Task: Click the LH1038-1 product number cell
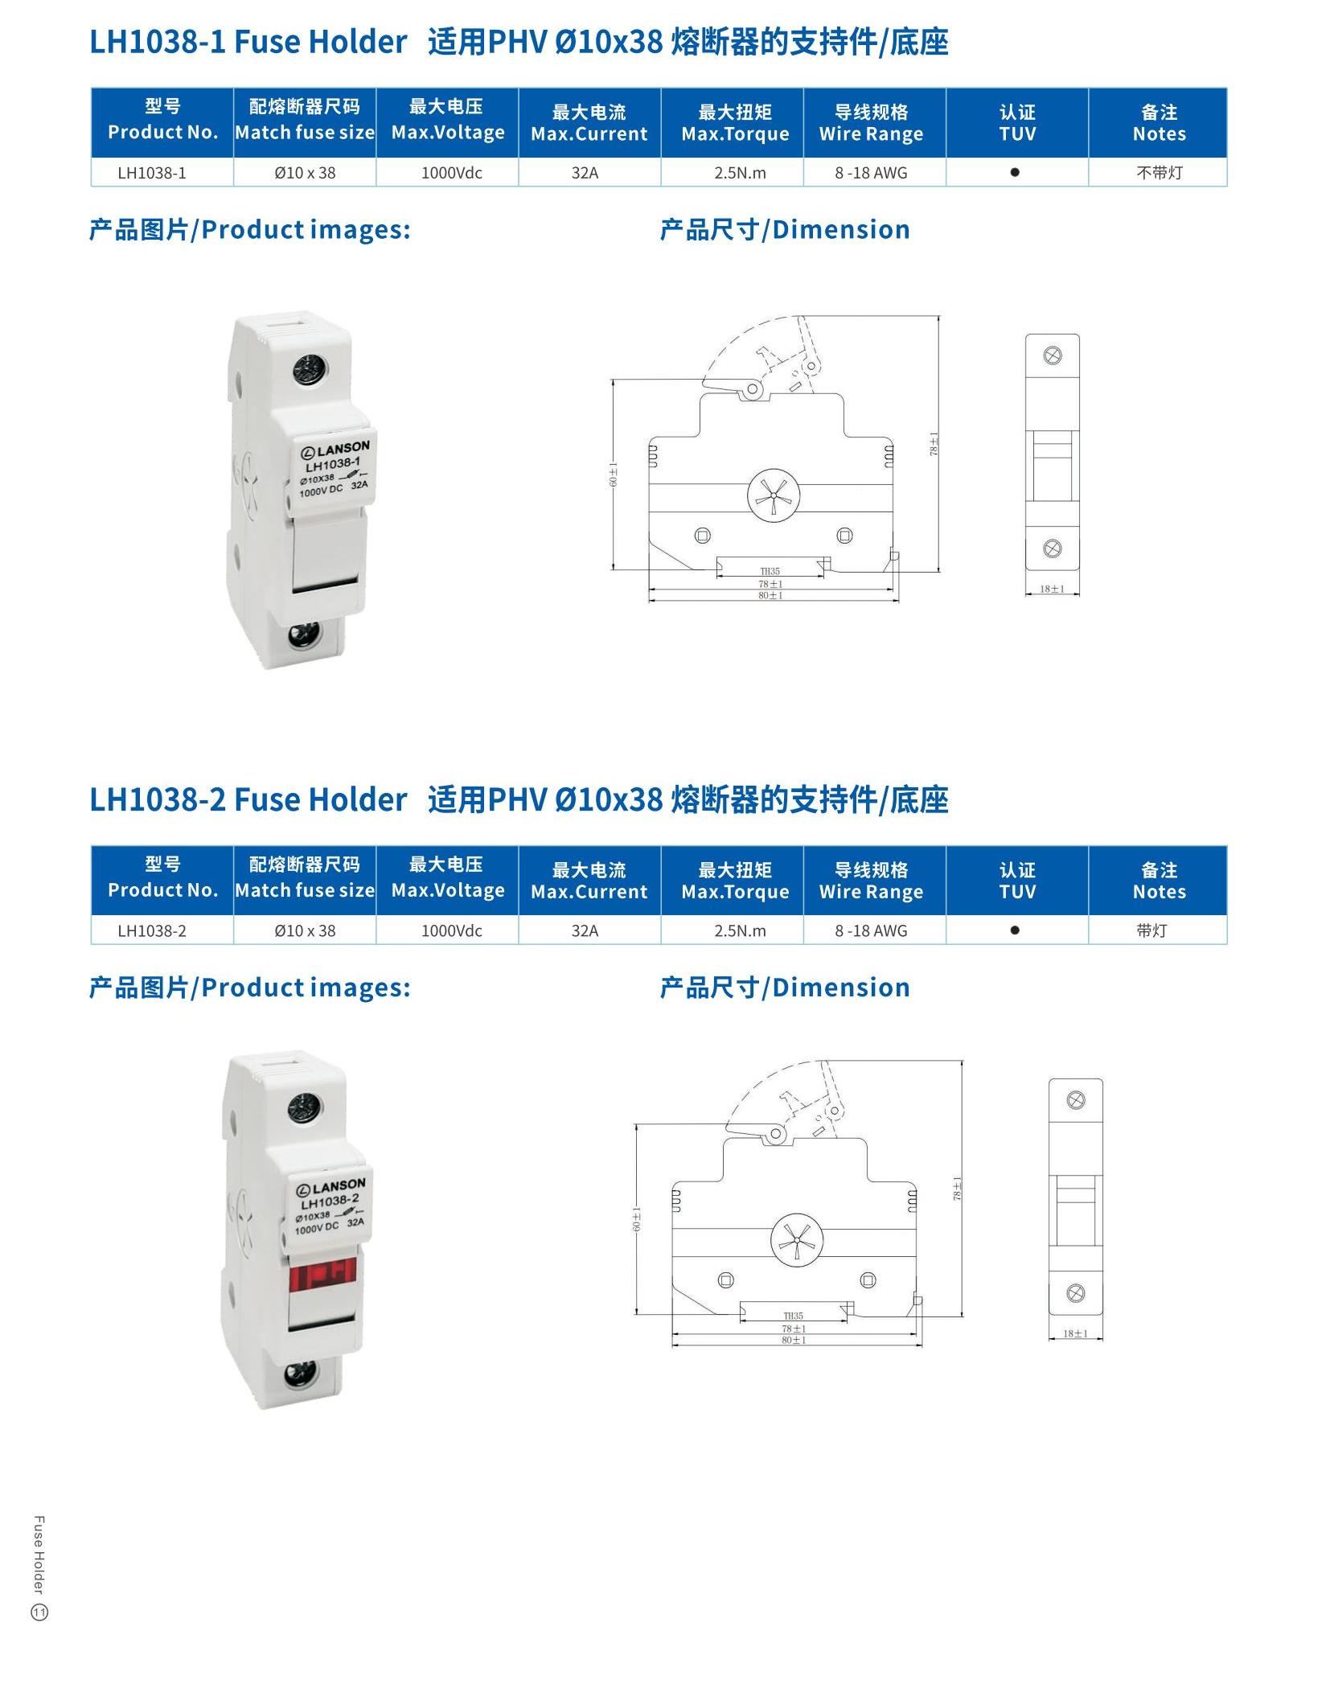(x=152, y=173)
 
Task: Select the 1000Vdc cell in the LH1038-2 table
(x=452, y=930)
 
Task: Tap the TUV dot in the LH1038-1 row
(x=1015, y=172)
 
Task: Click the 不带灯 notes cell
(x=1160, y=173)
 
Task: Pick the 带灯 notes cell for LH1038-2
(x=1151, y=930)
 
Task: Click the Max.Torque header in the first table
(x=735, y=133)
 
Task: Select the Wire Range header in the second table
(x=871, y=892)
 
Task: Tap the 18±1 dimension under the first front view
(x=1052, y=589)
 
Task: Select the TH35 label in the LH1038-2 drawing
(x=794, y=1316)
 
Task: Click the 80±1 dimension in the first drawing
(x=770, y=596)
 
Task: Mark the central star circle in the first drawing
(x=774, y=495)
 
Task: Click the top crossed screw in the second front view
(x=1076, y=1100)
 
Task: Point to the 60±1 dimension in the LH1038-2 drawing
(x=637, y=1219)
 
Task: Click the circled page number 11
(x=39, y=1612)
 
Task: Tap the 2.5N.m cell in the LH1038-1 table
(x=740, y=173)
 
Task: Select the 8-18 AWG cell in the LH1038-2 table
(x=871, y=930)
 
